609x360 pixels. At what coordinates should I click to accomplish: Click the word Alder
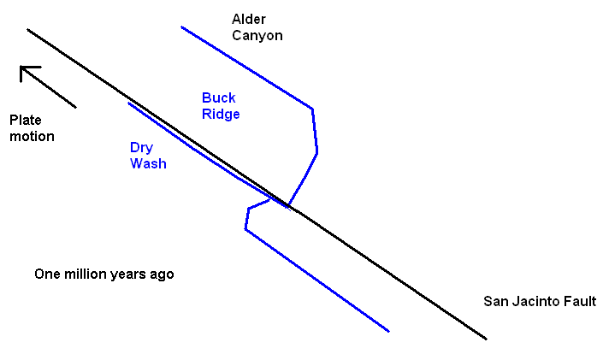coord(249,19)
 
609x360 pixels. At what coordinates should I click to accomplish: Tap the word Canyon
coord(257,36)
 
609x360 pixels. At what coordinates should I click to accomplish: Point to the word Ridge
coord(221,115)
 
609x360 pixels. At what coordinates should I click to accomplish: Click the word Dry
coord(140,147)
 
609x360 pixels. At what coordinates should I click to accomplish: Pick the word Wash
coord(148,163)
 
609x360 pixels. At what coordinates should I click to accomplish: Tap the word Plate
coord(26,120)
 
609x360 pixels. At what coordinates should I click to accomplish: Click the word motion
coord(32,136)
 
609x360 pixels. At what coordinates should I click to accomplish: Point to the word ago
coord(162,275)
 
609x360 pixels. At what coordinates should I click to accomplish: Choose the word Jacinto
coord(536,301)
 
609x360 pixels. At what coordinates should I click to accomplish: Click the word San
coord(496,301)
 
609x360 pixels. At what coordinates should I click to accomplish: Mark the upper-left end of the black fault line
coord(28,30)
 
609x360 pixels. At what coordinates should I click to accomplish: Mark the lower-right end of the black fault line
coord(486,339)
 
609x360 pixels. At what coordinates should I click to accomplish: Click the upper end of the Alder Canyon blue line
coord(181,27)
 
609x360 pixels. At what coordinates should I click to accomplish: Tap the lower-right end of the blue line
coord(388,331)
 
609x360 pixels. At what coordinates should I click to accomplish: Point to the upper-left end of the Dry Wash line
coord(129,103)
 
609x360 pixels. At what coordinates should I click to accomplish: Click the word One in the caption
coord(47,274)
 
